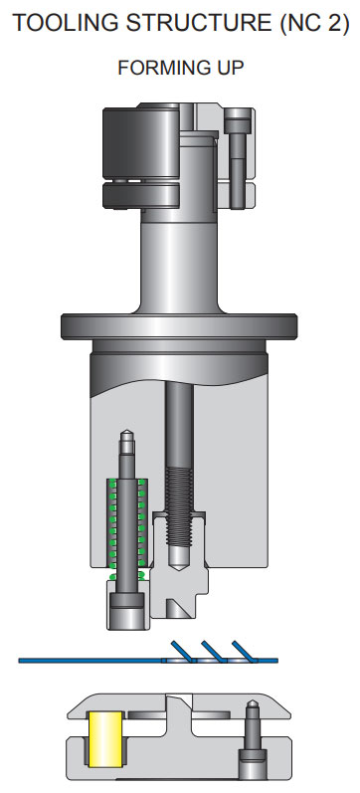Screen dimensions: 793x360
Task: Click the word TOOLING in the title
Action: pyautogui.click(x=61, y=23)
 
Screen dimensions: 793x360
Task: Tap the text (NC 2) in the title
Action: pyautogui.click(x=309, y=23)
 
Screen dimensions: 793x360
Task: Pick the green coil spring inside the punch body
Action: pyautogui.click(x=126, y=527)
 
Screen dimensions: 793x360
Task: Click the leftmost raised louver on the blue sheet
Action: pyautogui.click(x=181, y=650)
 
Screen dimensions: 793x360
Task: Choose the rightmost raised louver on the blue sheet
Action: pyautogui.click(x=243, y=650)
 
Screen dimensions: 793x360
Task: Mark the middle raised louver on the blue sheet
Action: pyautogui.click(x=212, y=650)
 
